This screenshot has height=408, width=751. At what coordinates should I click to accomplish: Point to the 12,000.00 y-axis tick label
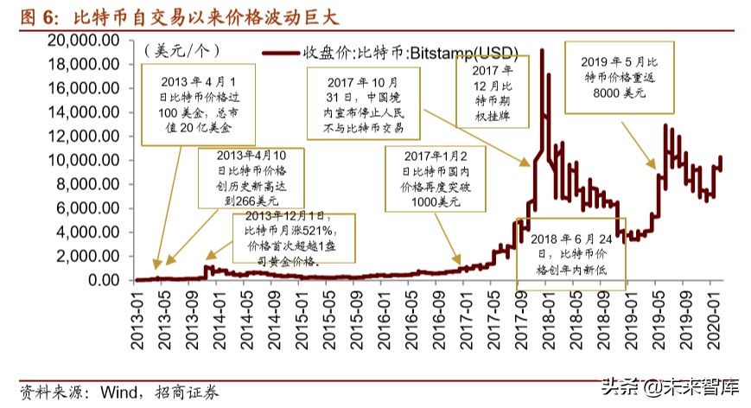click(x=90, y=136)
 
